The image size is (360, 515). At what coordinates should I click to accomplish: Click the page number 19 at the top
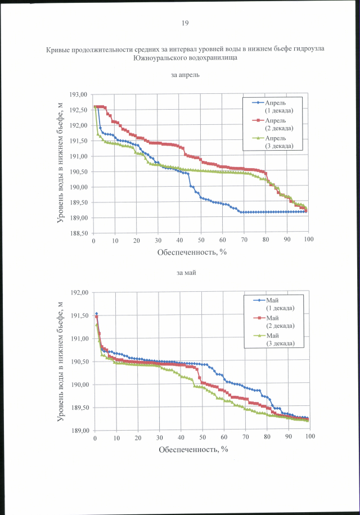tap(185, 23)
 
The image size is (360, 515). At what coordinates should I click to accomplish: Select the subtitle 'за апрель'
tap(185, 75)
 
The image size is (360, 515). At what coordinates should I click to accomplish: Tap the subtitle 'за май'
tap(185, 273)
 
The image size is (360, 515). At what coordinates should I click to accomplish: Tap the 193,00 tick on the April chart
tap(79, 94)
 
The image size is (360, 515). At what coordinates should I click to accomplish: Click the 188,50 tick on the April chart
tap(79, 233)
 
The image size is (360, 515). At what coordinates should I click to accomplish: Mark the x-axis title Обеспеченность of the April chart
tap(192, 252)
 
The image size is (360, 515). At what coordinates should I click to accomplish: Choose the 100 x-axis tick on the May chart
tap(309, 437)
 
